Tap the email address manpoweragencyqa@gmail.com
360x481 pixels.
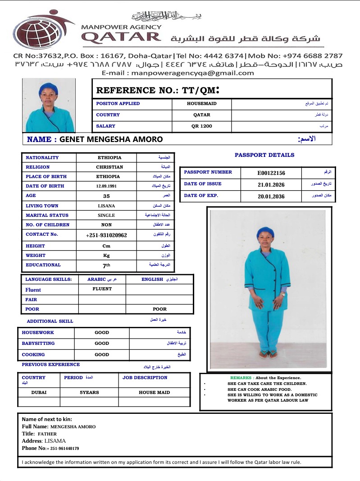pos(178,73)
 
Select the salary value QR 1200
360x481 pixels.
pos(201,126)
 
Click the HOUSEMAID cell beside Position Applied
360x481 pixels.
pos(201,104)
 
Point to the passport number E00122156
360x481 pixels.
pos(271,173)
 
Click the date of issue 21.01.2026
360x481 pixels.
pos(271,184)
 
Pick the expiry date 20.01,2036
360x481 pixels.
pos(271,197)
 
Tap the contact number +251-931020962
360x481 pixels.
pos(106,235)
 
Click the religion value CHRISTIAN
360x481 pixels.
pos(109,167)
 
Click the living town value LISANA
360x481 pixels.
pos(106,206)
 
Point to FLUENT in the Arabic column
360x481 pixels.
pos(102,289)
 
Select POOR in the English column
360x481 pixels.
pos(159,309)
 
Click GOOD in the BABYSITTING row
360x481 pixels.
pos(102,344)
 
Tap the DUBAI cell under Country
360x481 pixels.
pos(39,393)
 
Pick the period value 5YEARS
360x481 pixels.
pos(89,393)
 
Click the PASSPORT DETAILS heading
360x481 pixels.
pos(264,155)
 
